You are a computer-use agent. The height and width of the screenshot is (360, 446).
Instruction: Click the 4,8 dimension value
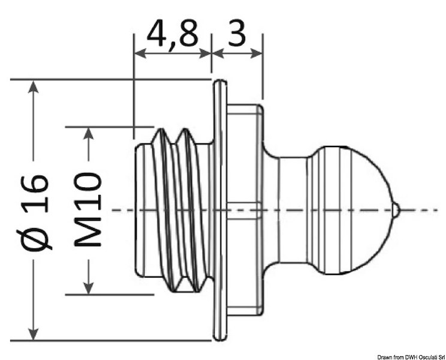(172, 35)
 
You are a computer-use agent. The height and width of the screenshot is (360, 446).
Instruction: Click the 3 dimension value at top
(237, 35)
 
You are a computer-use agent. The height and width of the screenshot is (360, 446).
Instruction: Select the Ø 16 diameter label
(37, 211)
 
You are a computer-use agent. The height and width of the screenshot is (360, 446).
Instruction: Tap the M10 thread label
(88, 210)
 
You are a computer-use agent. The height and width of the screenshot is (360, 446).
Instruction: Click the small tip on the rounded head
(396, 210)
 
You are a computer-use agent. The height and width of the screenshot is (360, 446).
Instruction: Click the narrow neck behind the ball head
(290, 210)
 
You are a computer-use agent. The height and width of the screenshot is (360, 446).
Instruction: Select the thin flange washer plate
(221, 210)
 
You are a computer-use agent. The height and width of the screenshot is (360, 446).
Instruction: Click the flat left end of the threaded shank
(139, 210)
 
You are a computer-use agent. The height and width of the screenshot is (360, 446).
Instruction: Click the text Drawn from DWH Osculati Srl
(408, 355)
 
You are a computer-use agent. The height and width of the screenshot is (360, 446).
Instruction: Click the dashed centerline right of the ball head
(423, 210)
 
